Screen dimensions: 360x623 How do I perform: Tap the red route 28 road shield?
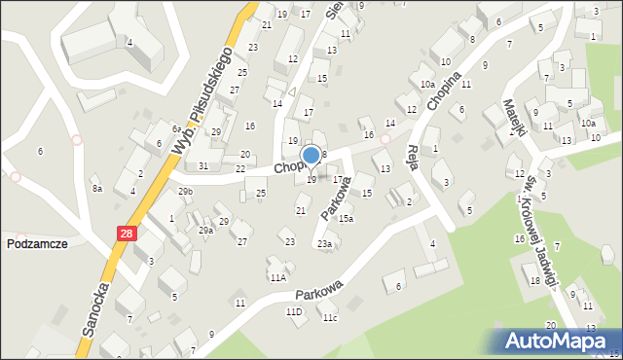128,234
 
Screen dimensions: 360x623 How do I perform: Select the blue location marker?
311,156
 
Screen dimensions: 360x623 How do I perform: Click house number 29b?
185,192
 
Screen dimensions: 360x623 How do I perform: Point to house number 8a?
96,189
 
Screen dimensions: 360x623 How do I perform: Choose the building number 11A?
278,277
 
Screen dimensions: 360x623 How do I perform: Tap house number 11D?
293,311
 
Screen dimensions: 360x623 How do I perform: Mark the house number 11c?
330,317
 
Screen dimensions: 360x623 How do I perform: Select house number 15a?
346,219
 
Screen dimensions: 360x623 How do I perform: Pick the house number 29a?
205,231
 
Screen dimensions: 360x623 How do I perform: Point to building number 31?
202,166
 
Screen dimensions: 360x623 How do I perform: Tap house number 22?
239,169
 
